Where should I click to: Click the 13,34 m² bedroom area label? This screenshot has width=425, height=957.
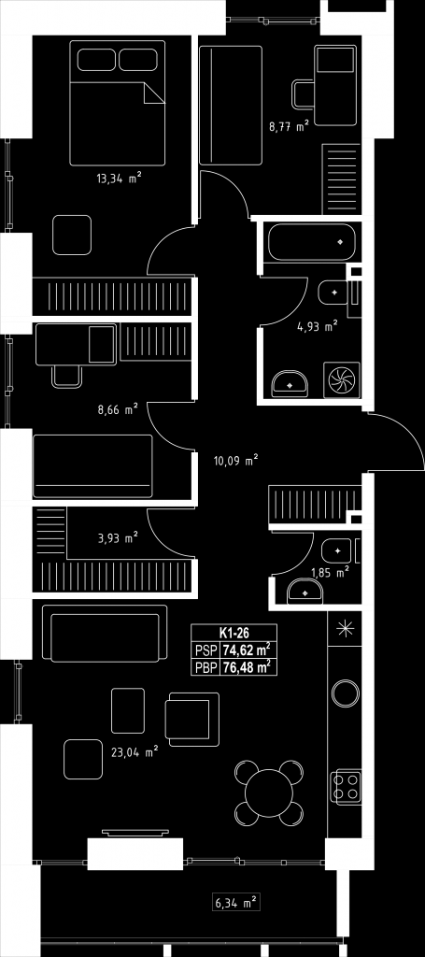pyautogui.click(x=119, y=179)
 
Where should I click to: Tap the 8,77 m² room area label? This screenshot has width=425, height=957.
pyautogui.click(x=289, y=127)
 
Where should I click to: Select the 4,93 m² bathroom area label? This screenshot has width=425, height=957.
pyautogui.click(x=317, y=328)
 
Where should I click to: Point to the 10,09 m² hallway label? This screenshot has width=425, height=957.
pyautogui.click(x=236, y=462)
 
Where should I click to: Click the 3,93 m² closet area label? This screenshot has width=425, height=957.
pyautogui.click(x=118, y=537)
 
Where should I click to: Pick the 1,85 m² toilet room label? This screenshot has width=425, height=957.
pyautogui.click(x=330, y=573)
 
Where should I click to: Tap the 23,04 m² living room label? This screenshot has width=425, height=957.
pyautogui.click(x=135, y=752)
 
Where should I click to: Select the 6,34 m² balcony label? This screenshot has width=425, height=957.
pyautogui.click(x=235, y=902)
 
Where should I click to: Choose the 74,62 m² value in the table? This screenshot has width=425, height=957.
pyautogui.click(x=247, y=650)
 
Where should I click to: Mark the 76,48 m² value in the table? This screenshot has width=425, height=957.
pyautogui.click(x=247, y=667)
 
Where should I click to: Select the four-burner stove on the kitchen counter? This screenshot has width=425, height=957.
pyautogui.click(x=345, y=786)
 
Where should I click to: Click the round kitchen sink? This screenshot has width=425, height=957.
pyautogui.click(x=345, y=693)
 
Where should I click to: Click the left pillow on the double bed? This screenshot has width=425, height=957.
pyautogui.click(x=96, y=60)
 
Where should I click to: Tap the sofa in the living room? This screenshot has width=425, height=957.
pyautogui.click(x=105, y=633)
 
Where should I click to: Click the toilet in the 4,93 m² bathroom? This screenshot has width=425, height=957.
pyautogui.click(x=333, y=293)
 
